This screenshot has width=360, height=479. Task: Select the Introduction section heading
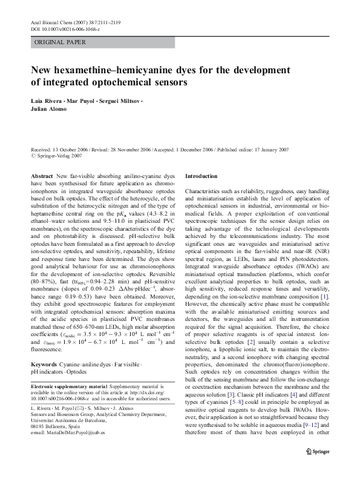coord(200,176)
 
